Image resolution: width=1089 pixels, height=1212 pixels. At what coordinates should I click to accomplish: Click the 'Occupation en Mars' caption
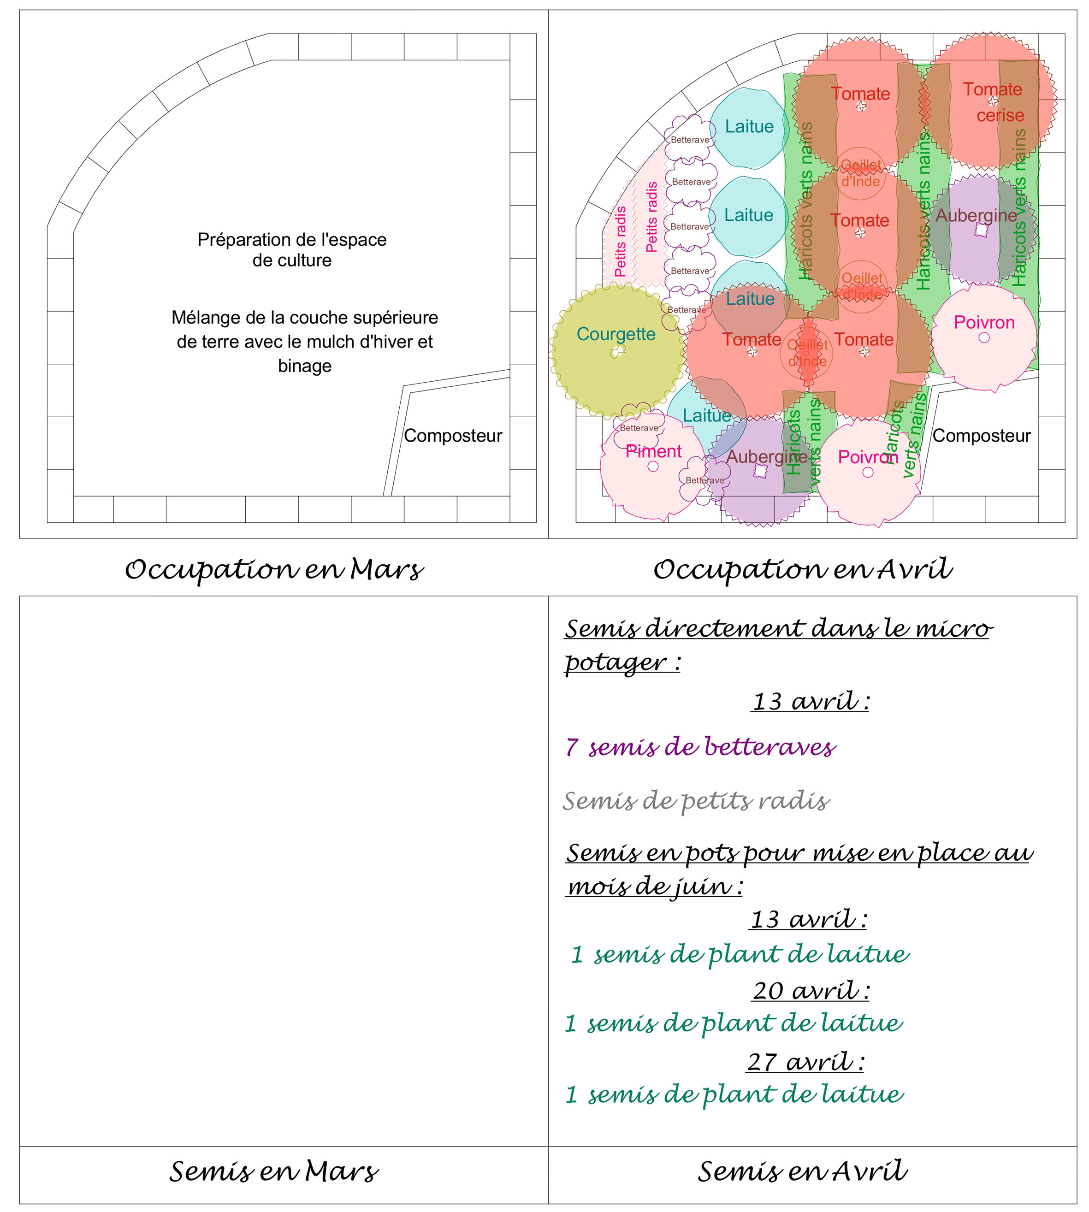(274, 569)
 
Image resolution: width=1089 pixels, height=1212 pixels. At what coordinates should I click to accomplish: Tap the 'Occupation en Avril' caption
(802, 569)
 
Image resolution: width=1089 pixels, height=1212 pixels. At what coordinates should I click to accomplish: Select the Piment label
(653, 451)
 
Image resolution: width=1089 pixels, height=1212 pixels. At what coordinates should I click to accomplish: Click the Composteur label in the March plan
(453, 436)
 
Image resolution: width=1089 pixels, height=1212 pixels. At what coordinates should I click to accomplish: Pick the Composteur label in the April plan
(981, 436)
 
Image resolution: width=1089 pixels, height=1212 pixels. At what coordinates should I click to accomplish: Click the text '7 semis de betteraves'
(700, 747)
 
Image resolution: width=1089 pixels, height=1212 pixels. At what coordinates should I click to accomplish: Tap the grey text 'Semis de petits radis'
(696, 800)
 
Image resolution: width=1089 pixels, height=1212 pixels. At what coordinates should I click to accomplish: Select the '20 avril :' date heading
(811, 991)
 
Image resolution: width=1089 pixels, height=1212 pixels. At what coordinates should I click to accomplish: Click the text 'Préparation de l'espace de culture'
(292, 249)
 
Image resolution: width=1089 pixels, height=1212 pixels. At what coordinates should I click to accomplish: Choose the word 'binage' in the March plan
(305, 366)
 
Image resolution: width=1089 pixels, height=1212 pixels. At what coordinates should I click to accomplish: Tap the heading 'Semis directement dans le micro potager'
(778, 644)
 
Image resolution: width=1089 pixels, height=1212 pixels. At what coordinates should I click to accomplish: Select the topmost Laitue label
(749, 126)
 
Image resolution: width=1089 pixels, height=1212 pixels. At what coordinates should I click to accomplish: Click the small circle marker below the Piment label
(653, 466)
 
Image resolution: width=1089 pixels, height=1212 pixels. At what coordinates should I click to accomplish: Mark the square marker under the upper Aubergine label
(980, 230)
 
